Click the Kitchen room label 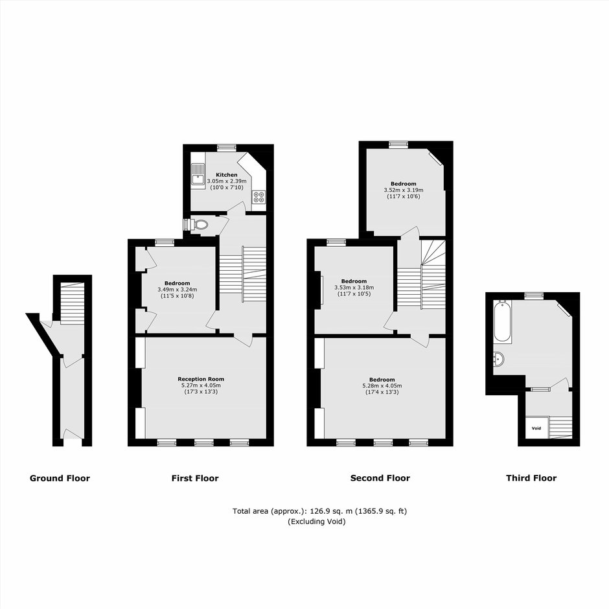coord(227,175)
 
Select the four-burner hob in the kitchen coord(259,197)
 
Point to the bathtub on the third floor coord(502,321)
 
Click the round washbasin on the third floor coord(499,360)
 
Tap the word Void coord(536,428)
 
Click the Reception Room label coord(201,379)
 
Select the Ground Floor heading coord(60,478)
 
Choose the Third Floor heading coord(531,477)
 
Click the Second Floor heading coord(380,477)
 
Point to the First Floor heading coord(195,478)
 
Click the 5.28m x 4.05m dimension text coord(382,385)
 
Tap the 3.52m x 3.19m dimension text coord(404,190)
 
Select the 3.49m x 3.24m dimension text coord(177,290)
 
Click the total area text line coord(319,511)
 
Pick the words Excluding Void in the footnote coord(317,522)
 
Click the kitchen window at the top coord(227,147)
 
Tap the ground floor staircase coord(73,303)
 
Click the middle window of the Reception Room coord(204,442)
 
